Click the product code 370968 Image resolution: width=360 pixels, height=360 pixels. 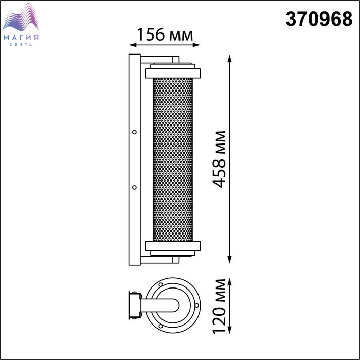pyautogui.click(x=319, y=20)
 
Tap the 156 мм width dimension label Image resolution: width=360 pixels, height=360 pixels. pyautogui.click(x=165, y=34)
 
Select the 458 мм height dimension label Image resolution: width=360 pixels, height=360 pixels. pyautogui.click(x=219, y=159)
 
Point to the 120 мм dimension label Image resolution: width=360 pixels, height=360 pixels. pyautogui.click(x=219, y=307)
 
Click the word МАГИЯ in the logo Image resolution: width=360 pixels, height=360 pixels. pyautogui.click(x=21, y=38)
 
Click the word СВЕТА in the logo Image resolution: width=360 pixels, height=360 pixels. pyautogui.click(x=21, y=45)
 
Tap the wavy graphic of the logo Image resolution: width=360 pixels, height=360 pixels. pyautogui.click(x=21, y=17)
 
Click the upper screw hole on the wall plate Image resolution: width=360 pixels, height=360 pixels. pyautogui.click(x=135, y=132)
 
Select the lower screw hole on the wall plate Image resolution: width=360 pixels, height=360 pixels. pyautogui.click(x=135, y=187)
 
